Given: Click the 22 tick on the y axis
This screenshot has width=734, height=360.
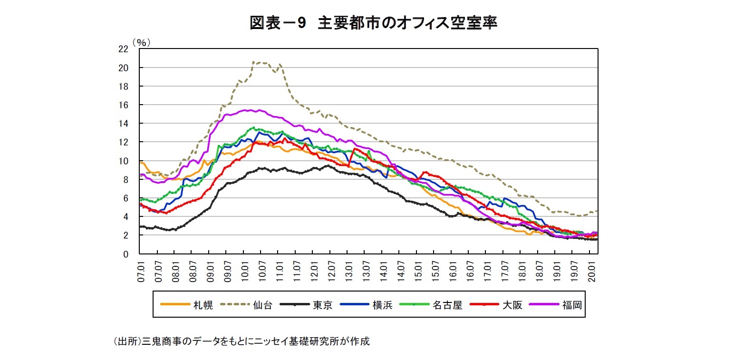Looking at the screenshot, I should (x=123, y=49).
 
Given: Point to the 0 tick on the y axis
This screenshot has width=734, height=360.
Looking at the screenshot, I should (x=126, y=254).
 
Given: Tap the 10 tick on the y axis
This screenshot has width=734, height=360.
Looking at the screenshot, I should (x=123, y=161).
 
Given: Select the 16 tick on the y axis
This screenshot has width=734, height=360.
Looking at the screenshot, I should (x=123, y=105).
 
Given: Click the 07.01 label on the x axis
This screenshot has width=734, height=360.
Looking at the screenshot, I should (x=141, y=271).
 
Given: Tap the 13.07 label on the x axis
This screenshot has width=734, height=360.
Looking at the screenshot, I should (x=366, y=271).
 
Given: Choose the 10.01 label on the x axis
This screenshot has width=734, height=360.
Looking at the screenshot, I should (x=244, y=271).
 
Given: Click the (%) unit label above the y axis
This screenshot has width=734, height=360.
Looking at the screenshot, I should (x=142, y=42).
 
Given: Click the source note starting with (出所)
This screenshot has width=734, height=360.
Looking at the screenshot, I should (x=241, y=341).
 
